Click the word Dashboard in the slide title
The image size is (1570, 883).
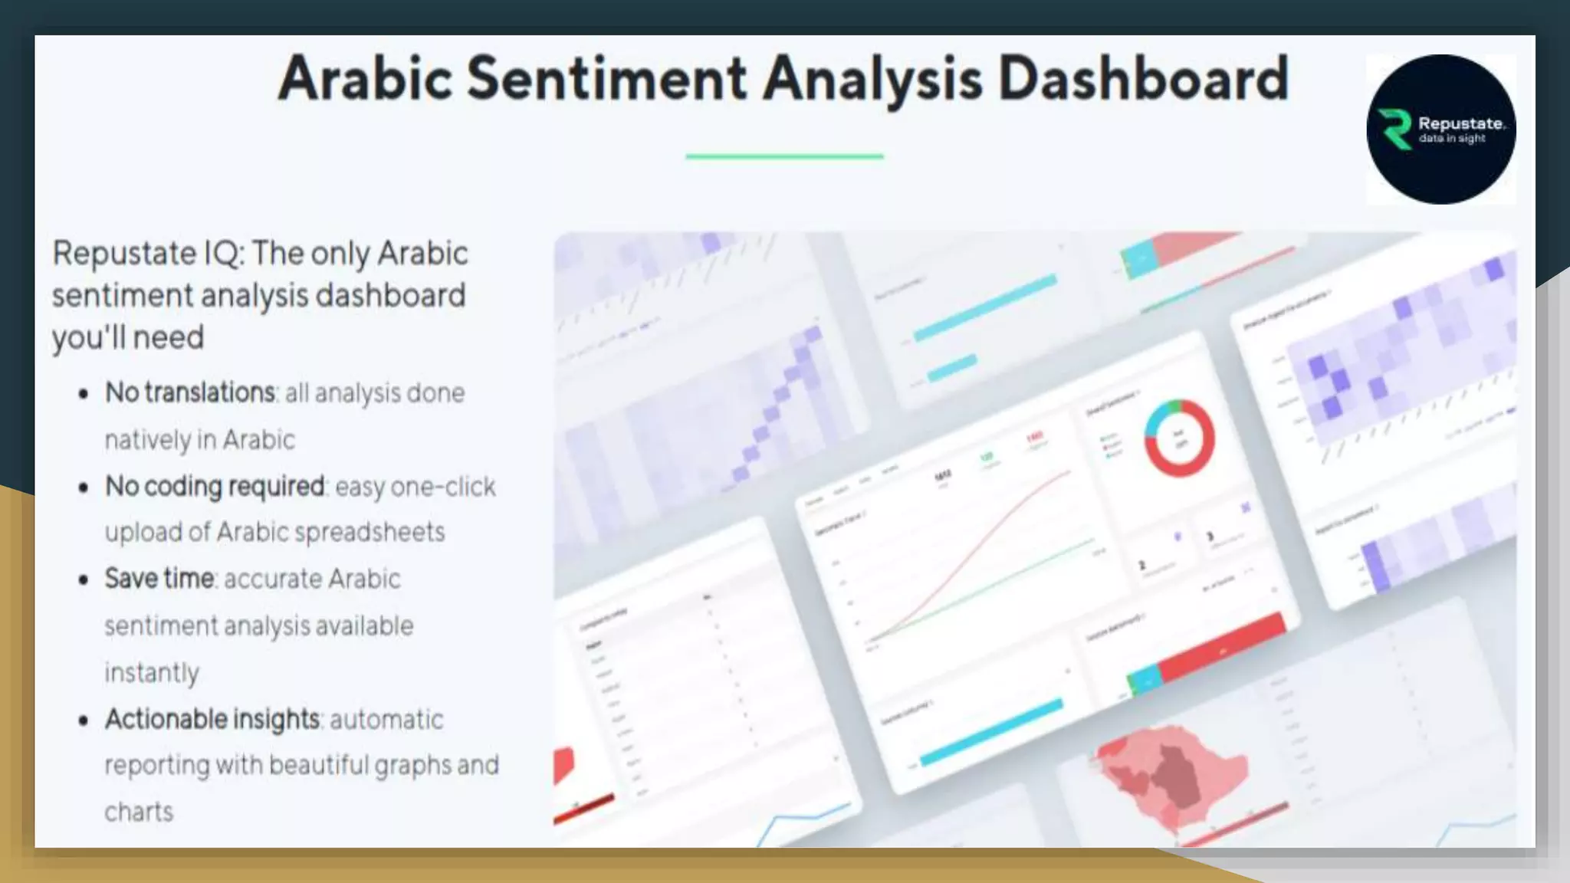click(1143, 78)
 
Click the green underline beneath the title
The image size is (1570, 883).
click(784, 156)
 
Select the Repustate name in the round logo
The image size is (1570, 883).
click(1461, 123)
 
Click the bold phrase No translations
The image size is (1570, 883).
click(190, 392)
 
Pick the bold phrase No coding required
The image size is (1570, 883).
click(215, 486)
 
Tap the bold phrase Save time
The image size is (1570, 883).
click(159, 579)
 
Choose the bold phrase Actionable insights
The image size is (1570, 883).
click(212, 719)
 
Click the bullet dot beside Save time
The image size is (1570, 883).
click(84, 580)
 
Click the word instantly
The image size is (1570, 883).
click(152, 672)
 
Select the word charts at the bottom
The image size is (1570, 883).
click(139, 812)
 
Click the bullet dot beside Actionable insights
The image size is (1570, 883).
click(84, 721)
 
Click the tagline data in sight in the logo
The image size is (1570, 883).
click(1452, 139)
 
